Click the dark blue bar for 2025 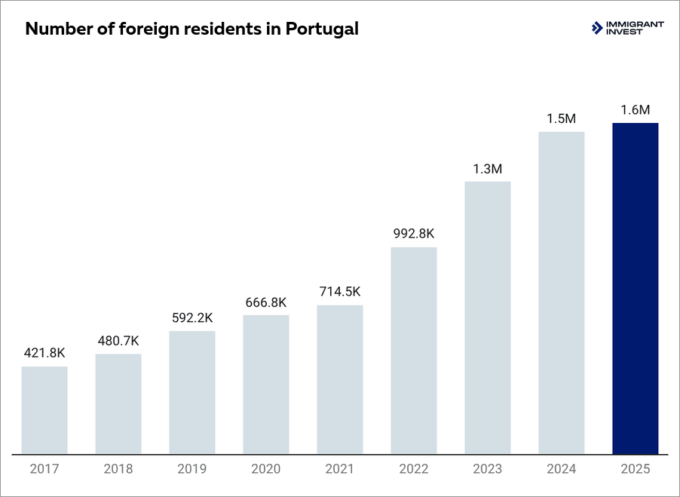coord(635,288)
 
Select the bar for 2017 coord(44,410)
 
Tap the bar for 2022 coord(414,351)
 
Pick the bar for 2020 coord(266,384)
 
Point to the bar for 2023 coord(488,318)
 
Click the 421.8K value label coord(44,353)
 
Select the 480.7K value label coord(118,341)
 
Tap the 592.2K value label coord(192,318)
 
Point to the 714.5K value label coord(340,291)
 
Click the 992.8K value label coord(414,233)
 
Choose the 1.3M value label coord(488,169)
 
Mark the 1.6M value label coord(636,109)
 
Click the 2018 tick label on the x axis coord(118,469)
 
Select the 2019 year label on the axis coord(192,469)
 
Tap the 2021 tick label coord(340,469)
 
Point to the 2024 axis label coord(561,469)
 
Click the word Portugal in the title coord(322,29)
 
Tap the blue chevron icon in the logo coord(597,28)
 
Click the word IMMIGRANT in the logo coord(635,24)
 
